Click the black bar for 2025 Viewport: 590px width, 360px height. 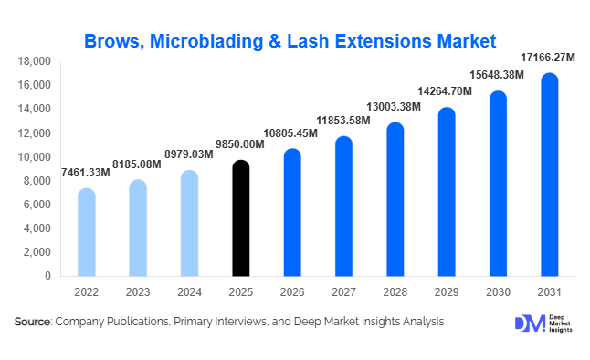click(239, 219)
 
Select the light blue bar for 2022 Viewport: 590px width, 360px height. click(86, 233)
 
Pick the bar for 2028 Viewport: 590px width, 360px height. click(395, 200)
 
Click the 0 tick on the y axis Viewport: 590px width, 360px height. click(47, 276)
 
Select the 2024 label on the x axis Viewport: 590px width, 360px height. click(188, 292)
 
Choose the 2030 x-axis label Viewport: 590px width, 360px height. click(498, 292)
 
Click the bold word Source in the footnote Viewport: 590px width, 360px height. click(32, 322)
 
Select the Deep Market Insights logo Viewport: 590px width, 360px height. click(540, 323)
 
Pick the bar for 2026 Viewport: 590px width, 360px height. click(291, 213)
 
